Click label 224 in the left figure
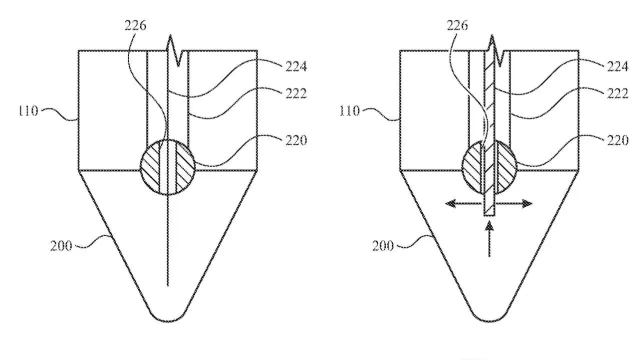[x=295, y=66]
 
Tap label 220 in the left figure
[x=295, y=140]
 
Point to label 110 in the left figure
[x=28, y=111]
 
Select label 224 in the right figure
[x=616, y=66]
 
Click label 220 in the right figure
[x=616, y=140]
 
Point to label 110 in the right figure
[x=349, y=111]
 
